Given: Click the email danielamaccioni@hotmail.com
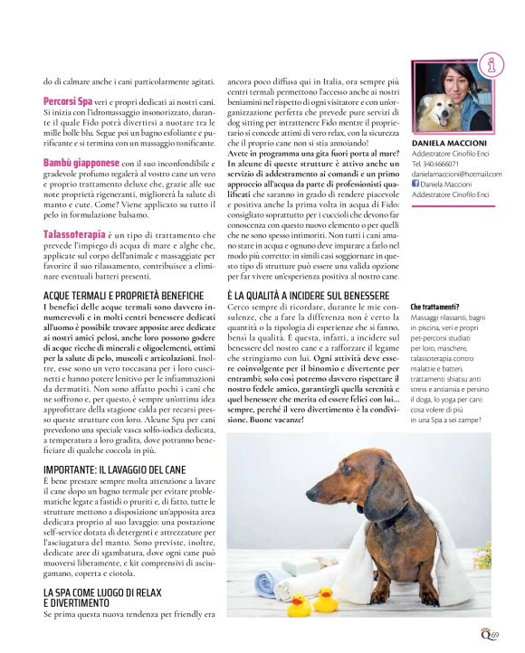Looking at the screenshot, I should click(456, 174).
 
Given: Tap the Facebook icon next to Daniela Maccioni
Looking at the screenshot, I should click(415, 184).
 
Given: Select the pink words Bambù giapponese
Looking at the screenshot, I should click(82, 163).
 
